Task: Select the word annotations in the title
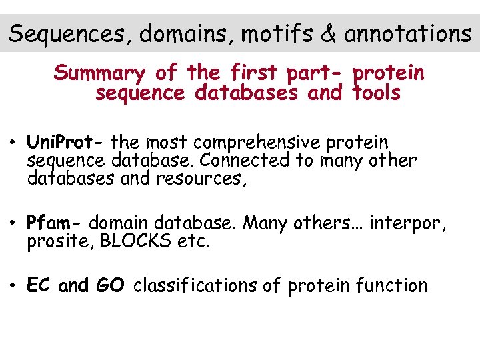tap(407, 33)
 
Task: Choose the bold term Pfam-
tap(55, 223)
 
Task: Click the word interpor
tap(407, 223)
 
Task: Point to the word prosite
tap(61, 241)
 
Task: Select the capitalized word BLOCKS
tap(135, 241)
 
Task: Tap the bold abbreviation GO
tap(110, 286)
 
